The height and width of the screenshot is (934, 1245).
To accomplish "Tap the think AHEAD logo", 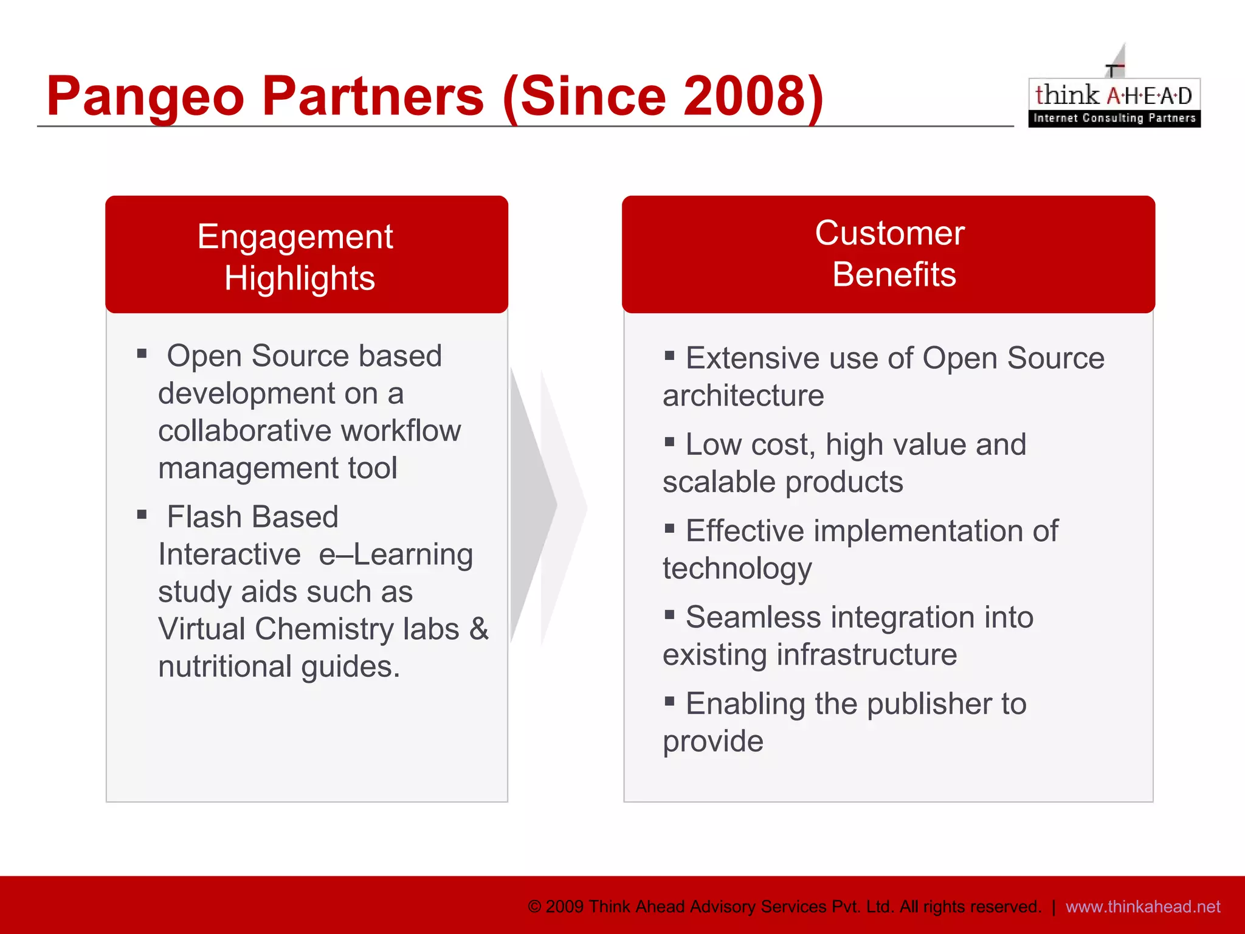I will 1114,101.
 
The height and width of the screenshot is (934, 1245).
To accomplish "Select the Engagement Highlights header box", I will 306,255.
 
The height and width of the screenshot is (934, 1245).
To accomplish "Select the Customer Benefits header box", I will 888,255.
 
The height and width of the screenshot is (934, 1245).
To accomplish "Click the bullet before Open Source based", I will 142,354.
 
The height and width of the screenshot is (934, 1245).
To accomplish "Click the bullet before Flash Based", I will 142,515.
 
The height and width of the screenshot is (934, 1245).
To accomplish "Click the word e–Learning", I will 396,555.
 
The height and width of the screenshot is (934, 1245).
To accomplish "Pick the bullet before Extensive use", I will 670,356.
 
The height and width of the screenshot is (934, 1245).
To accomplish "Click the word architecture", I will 743,396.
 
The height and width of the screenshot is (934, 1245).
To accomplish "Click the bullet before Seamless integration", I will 670,615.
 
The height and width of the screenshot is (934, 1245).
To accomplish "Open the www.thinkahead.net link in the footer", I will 1143,907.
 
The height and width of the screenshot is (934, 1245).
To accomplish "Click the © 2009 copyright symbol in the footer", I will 534,907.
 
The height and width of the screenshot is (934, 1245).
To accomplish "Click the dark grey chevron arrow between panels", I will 532,505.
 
